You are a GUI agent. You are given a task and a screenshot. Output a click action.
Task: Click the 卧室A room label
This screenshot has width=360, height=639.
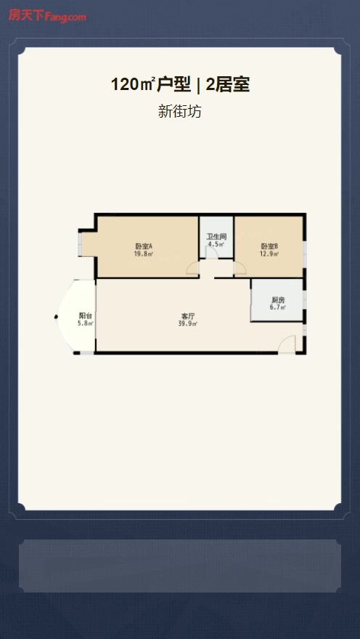[x=144, y=246]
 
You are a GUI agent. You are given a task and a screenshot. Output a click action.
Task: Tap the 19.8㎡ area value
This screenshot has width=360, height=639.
[x=144, y=254]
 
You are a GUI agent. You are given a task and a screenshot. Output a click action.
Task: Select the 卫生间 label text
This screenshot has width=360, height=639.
[x=216, y=237]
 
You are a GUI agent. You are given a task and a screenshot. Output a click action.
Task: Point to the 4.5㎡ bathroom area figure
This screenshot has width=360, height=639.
[x=216, y=245]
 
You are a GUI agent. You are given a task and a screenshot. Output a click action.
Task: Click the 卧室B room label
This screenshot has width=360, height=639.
[x=269, y=246]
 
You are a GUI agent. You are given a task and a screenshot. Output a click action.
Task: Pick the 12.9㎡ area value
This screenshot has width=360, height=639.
[x=269, y=254]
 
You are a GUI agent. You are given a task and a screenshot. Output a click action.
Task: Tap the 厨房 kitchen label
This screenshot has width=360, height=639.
[x=277, y=299]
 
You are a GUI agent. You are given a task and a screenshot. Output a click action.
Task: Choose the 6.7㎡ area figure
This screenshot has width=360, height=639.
[x=277, y=308]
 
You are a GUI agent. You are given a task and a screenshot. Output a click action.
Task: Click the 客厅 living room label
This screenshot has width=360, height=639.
[x=188, y=316]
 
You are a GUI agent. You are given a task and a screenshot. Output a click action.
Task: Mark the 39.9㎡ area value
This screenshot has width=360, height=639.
[x=188, y=324]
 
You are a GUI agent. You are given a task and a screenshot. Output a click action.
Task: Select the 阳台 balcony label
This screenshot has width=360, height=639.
[x=86, y=315]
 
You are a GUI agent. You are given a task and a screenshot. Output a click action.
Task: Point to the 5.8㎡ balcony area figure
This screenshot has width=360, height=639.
[x=86, y=324]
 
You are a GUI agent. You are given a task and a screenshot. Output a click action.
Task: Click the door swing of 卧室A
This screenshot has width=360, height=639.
[x=192, y=268]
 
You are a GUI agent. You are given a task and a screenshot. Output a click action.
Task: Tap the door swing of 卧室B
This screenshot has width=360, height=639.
[x=240, y=268]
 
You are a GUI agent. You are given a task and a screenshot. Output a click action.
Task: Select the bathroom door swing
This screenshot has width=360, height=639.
[x=212, y=252]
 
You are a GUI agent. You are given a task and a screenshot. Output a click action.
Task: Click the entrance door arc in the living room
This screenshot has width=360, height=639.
[x=287, y=344]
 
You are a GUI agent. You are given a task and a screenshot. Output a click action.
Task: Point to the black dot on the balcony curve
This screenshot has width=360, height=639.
[x=56, y=317]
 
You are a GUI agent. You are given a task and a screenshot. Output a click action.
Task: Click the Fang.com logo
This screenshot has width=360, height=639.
[x=47, y=16]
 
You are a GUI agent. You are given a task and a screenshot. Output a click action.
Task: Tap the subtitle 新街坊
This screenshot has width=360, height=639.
[x=179, y=111]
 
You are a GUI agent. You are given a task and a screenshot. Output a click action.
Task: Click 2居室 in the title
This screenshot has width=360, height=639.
[x=228, y=85]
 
